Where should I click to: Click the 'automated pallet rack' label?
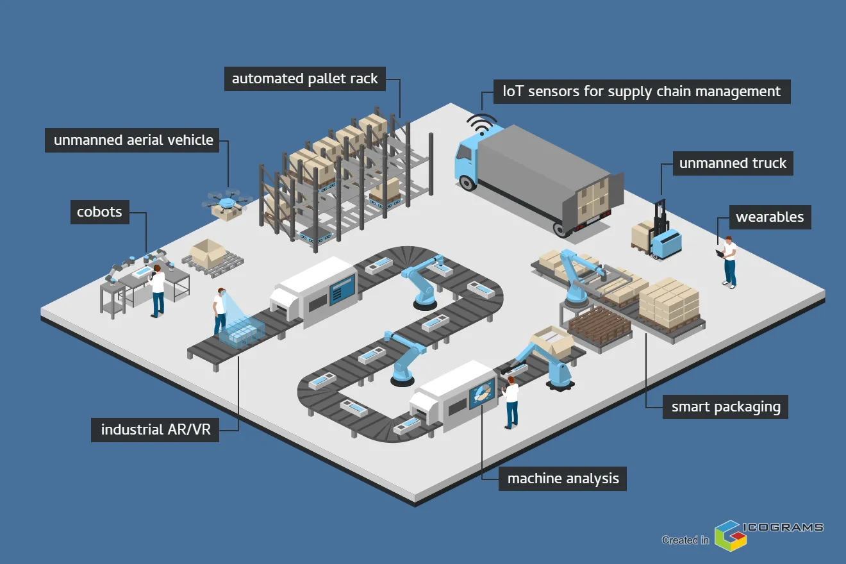pos(304,79)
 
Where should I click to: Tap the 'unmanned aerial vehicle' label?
pos(133,140)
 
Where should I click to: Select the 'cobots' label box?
pos(99,212)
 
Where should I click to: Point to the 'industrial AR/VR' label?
pos(156,430)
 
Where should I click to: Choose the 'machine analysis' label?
pos(563,478)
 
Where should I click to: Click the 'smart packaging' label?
pos(726,407)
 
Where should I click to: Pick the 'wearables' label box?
pos(769,217)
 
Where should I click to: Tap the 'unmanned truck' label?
pos(733,163)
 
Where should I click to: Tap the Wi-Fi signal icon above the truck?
pos(481,124)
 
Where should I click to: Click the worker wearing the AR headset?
pos(220,311)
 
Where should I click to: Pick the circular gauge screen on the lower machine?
pos(482,395)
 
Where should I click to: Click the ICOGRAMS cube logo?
pos(731,535)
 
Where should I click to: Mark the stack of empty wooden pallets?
pos(599,324)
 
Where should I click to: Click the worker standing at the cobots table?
pos(157,290)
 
